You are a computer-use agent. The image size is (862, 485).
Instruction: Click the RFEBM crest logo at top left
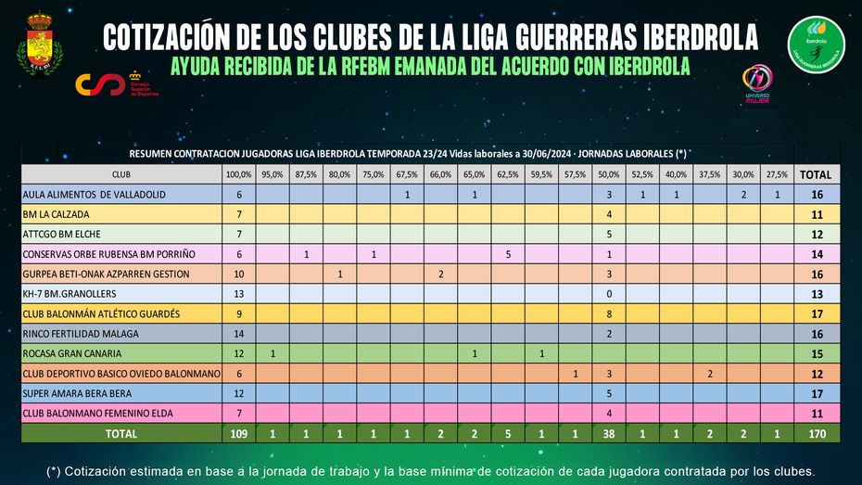pyautogui.click(x=39, y=45)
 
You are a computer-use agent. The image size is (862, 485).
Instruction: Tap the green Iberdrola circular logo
pyautogui.click(x=816, y=45)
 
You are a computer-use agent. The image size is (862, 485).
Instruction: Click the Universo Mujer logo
pyautogui.click(x=758, y=83)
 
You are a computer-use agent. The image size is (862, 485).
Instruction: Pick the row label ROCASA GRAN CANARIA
pyautogui.click(x=71, y=353)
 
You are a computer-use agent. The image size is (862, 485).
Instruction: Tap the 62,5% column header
pyautogui.click(x=508, y=174)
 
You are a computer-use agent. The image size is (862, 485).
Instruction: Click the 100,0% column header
pyautogui.click(x=239, y=174)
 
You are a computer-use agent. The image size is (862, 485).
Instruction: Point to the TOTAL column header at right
pyautogui.click(x=816, y=174)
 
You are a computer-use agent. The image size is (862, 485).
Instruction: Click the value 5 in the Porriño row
pyautogui.click(x=508, y=254)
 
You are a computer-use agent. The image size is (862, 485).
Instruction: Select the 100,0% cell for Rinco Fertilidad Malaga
pyautogui.click(x=239, y=334)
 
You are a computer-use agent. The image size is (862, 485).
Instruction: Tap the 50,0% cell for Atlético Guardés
pyautogui.click(x=609, y=313)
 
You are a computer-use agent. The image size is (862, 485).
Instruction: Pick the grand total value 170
pyautogui.click(x=816, y=433)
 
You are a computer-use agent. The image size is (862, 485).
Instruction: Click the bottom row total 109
pyautogui.click(x=239, y=433)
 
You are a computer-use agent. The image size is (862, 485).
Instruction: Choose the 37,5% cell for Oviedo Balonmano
pyautogui.click(x=710, y=374)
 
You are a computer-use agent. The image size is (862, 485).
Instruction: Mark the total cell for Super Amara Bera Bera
pyautogui.click(x=816, y=393)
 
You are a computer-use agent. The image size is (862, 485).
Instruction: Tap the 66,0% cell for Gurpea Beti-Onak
pyautogui.click(x=440, y=274)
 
